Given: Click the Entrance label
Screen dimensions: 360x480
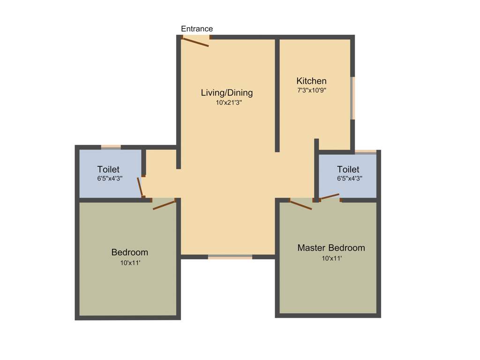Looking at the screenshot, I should click(197, 29).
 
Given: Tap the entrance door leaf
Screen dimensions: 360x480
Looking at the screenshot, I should click(195, 42).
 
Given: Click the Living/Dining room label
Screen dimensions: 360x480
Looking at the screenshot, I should click(227, 92).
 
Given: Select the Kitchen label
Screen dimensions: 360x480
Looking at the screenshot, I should click(311, 81).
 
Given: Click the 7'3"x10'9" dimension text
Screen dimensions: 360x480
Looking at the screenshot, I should click(311, 90).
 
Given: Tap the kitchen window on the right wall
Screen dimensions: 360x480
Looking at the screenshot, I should click(352, 98).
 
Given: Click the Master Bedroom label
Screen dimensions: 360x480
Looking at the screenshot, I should click(331, 247).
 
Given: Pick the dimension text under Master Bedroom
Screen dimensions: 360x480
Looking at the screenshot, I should click(331, 258).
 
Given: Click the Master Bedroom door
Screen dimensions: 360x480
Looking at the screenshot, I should click(300, 205).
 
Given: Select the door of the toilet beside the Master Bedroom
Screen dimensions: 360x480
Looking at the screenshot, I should click(330, 196).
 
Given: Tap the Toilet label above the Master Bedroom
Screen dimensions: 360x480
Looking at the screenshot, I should click(348, 169).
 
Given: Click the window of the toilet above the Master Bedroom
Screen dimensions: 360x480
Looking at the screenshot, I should click(366, 152).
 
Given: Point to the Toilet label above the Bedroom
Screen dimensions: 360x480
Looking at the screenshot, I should click(108, 169).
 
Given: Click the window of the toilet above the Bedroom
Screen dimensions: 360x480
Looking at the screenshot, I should click(111, 147).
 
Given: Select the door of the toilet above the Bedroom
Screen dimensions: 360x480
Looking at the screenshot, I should click(140, 187).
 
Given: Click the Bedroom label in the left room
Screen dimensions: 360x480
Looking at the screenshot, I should click(130, 252).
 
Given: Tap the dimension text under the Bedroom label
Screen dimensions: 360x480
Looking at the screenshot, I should click(130, 263).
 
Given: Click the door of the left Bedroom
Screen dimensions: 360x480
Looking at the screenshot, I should click(164, 204).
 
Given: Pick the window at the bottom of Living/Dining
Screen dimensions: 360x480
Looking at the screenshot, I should click(230, 257).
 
